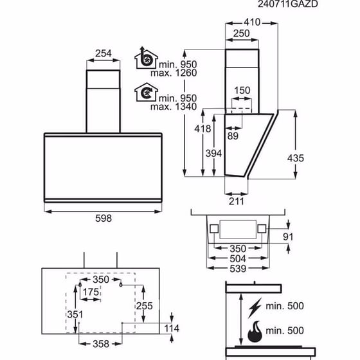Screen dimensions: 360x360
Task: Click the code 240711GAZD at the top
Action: click(288, 4)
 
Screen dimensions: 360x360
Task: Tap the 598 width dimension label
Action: click(104, 218)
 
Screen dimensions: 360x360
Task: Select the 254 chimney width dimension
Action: click(104, 53)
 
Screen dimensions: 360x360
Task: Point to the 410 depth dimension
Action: click(252, 22)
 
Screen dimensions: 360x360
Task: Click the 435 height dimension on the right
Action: click(296, 158)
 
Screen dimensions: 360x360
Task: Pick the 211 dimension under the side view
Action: click(237, 201)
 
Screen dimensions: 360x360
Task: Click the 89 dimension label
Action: click(233, 136)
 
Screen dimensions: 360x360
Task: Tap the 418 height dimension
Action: click(203, 129)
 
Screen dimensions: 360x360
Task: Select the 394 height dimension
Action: click(213, 154)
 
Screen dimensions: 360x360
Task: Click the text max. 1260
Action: click(174, 73)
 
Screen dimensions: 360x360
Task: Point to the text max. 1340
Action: click(174, 107)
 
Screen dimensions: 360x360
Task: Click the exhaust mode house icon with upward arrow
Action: click(146, 58)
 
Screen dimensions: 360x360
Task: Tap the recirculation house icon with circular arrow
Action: click(146, 93)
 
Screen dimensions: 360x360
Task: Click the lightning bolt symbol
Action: click(255, 308)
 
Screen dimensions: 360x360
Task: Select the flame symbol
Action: click(255, 332)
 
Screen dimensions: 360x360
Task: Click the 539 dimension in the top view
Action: click(238, 269)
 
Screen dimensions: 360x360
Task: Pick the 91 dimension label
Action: click(288, 237)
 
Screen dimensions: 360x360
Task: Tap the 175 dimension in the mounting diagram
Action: click(91, 292)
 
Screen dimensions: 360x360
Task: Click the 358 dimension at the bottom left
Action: click(101, 344)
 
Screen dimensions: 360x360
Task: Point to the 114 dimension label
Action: click(172, 328)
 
